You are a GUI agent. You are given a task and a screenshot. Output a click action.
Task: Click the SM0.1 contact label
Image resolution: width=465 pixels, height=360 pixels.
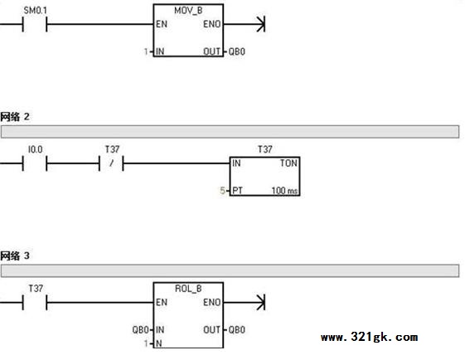tap(36, 11)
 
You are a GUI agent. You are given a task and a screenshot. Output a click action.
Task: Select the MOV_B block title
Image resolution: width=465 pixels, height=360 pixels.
tap(188, 11)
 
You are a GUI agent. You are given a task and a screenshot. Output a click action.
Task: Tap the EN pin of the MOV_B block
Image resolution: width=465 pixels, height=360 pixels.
tap(162, 24)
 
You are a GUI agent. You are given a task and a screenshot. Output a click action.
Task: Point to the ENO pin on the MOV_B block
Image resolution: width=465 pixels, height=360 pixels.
tap(211, 24)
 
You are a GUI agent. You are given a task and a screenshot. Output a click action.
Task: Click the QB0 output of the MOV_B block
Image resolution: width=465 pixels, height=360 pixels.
tap(237, 51)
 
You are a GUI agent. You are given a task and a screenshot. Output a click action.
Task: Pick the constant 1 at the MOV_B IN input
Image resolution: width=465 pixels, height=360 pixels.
tap(146, 51)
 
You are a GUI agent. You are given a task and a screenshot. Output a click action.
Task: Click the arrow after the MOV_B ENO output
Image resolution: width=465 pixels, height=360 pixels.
tap(245, 24)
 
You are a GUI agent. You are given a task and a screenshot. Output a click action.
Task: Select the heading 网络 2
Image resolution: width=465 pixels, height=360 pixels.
tap(15, 117)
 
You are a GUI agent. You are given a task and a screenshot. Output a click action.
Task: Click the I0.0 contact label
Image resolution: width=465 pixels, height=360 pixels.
tap(36, 149)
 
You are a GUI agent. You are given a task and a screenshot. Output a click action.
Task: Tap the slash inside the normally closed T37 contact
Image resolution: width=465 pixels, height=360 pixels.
tap(111, 163)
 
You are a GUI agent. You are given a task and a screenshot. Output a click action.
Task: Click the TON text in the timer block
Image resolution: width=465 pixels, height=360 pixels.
tap(288, 163)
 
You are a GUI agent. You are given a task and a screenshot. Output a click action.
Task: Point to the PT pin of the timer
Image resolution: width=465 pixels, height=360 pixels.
tap(237, 190)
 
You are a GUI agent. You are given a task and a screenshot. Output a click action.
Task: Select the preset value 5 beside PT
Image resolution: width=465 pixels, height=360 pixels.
tap(222, 190)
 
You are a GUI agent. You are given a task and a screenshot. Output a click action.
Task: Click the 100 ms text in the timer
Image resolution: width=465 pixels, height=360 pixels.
tap(284, 190)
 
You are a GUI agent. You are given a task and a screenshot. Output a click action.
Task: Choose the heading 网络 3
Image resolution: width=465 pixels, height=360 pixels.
tap(15, 255)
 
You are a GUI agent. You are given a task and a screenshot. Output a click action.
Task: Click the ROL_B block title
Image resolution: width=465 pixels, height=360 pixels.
tap(188, 289)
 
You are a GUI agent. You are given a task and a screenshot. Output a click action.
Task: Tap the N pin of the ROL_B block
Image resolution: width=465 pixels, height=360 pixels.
tap(158, 343)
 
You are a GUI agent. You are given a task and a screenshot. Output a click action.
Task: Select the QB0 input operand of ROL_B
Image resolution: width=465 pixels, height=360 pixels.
tap(141, 330)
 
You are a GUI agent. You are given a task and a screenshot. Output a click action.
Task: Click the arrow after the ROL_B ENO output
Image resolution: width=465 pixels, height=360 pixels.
tap(245, 303)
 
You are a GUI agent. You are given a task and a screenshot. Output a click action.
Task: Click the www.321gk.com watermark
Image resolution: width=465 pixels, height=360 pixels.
tap(369, 337)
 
